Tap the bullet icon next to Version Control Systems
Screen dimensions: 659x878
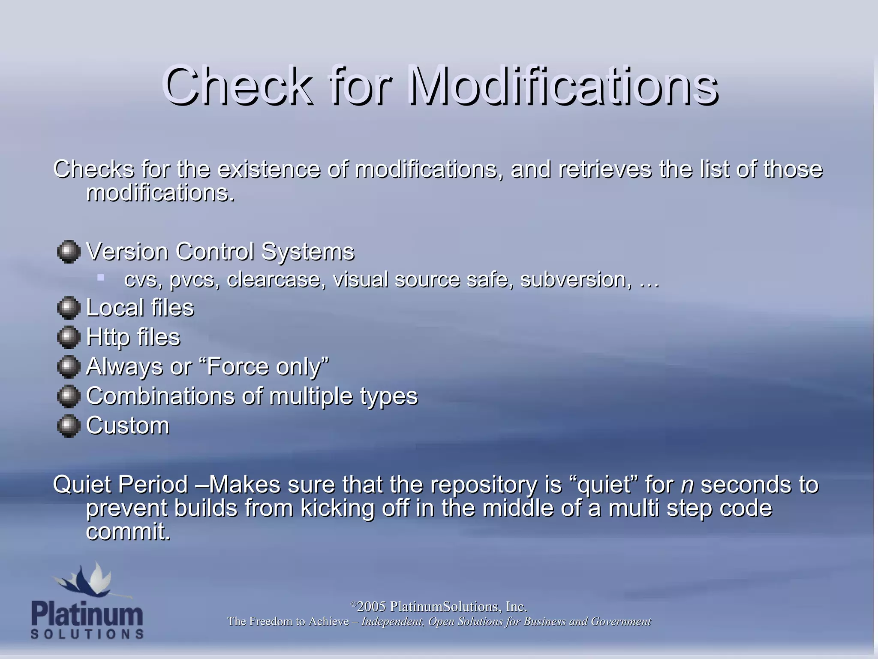[x=69, y=252]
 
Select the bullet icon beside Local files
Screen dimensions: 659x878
[x=69, y=308]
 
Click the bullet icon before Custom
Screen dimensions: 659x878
[x=69, y=426]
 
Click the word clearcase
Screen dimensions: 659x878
[x=274, y=280]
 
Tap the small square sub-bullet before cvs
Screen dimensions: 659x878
[x=101, y=278]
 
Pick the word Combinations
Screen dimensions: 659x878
[x=160, y=396]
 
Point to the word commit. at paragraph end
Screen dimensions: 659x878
[x=128, y=532]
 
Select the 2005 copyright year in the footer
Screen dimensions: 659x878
[x=371, y=607]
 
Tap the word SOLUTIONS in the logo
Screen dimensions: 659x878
[x=87, y=634]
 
